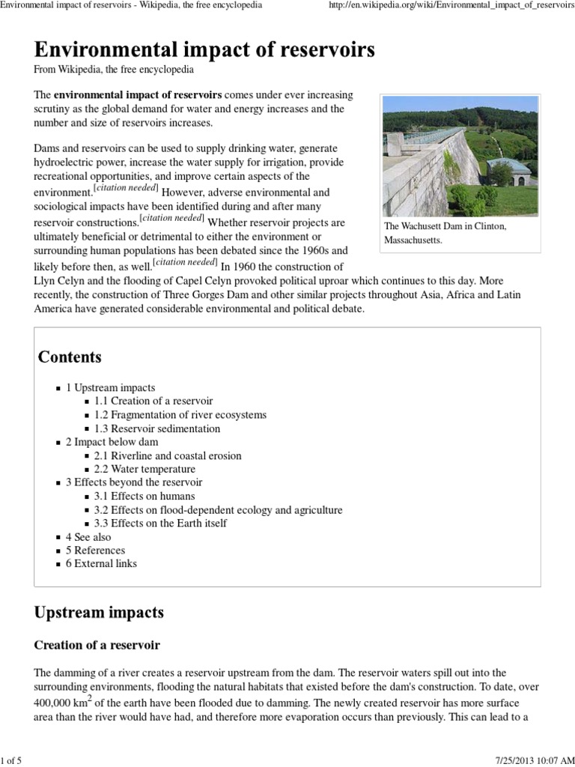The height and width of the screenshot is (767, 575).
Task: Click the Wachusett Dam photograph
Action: pyautogui.click(x=459, y=156)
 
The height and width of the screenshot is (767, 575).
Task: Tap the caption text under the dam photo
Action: pyautogui.click(x=445, y=233)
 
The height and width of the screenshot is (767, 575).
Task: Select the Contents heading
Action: pyautogui.click(x=70, y=357)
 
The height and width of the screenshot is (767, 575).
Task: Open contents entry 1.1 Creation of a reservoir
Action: pyautogui.click(x=153, y=401)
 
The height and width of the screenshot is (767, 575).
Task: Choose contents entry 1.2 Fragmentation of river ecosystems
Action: pyautogui.click(x=180, y=414)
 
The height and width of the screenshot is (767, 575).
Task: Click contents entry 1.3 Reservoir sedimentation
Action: pyautogui.click(x=157, y=428)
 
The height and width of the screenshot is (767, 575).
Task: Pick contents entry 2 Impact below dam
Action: pyautogui.click(x=112, y=442)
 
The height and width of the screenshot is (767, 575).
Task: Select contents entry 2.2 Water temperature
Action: pyautogui.click(x=144, y=469)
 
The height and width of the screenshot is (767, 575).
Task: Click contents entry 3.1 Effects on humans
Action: pyautogui.click(x=144, y=496)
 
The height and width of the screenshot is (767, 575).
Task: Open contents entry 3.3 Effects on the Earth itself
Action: pyautogui.click(x=160, y=523)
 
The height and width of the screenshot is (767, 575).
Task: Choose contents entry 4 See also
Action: pyautogui.click(x=88, y=536)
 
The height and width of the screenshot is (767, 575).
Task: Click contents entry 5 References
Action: pyautogui.click(x=95, y=550)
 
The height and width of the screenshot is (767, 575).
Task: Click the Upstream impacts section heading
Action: pyautogui.click(x=99, y=612)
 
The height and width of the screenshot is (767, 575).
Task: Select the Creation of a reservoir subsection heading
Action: pyautogui.click(x=97, y=644)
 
